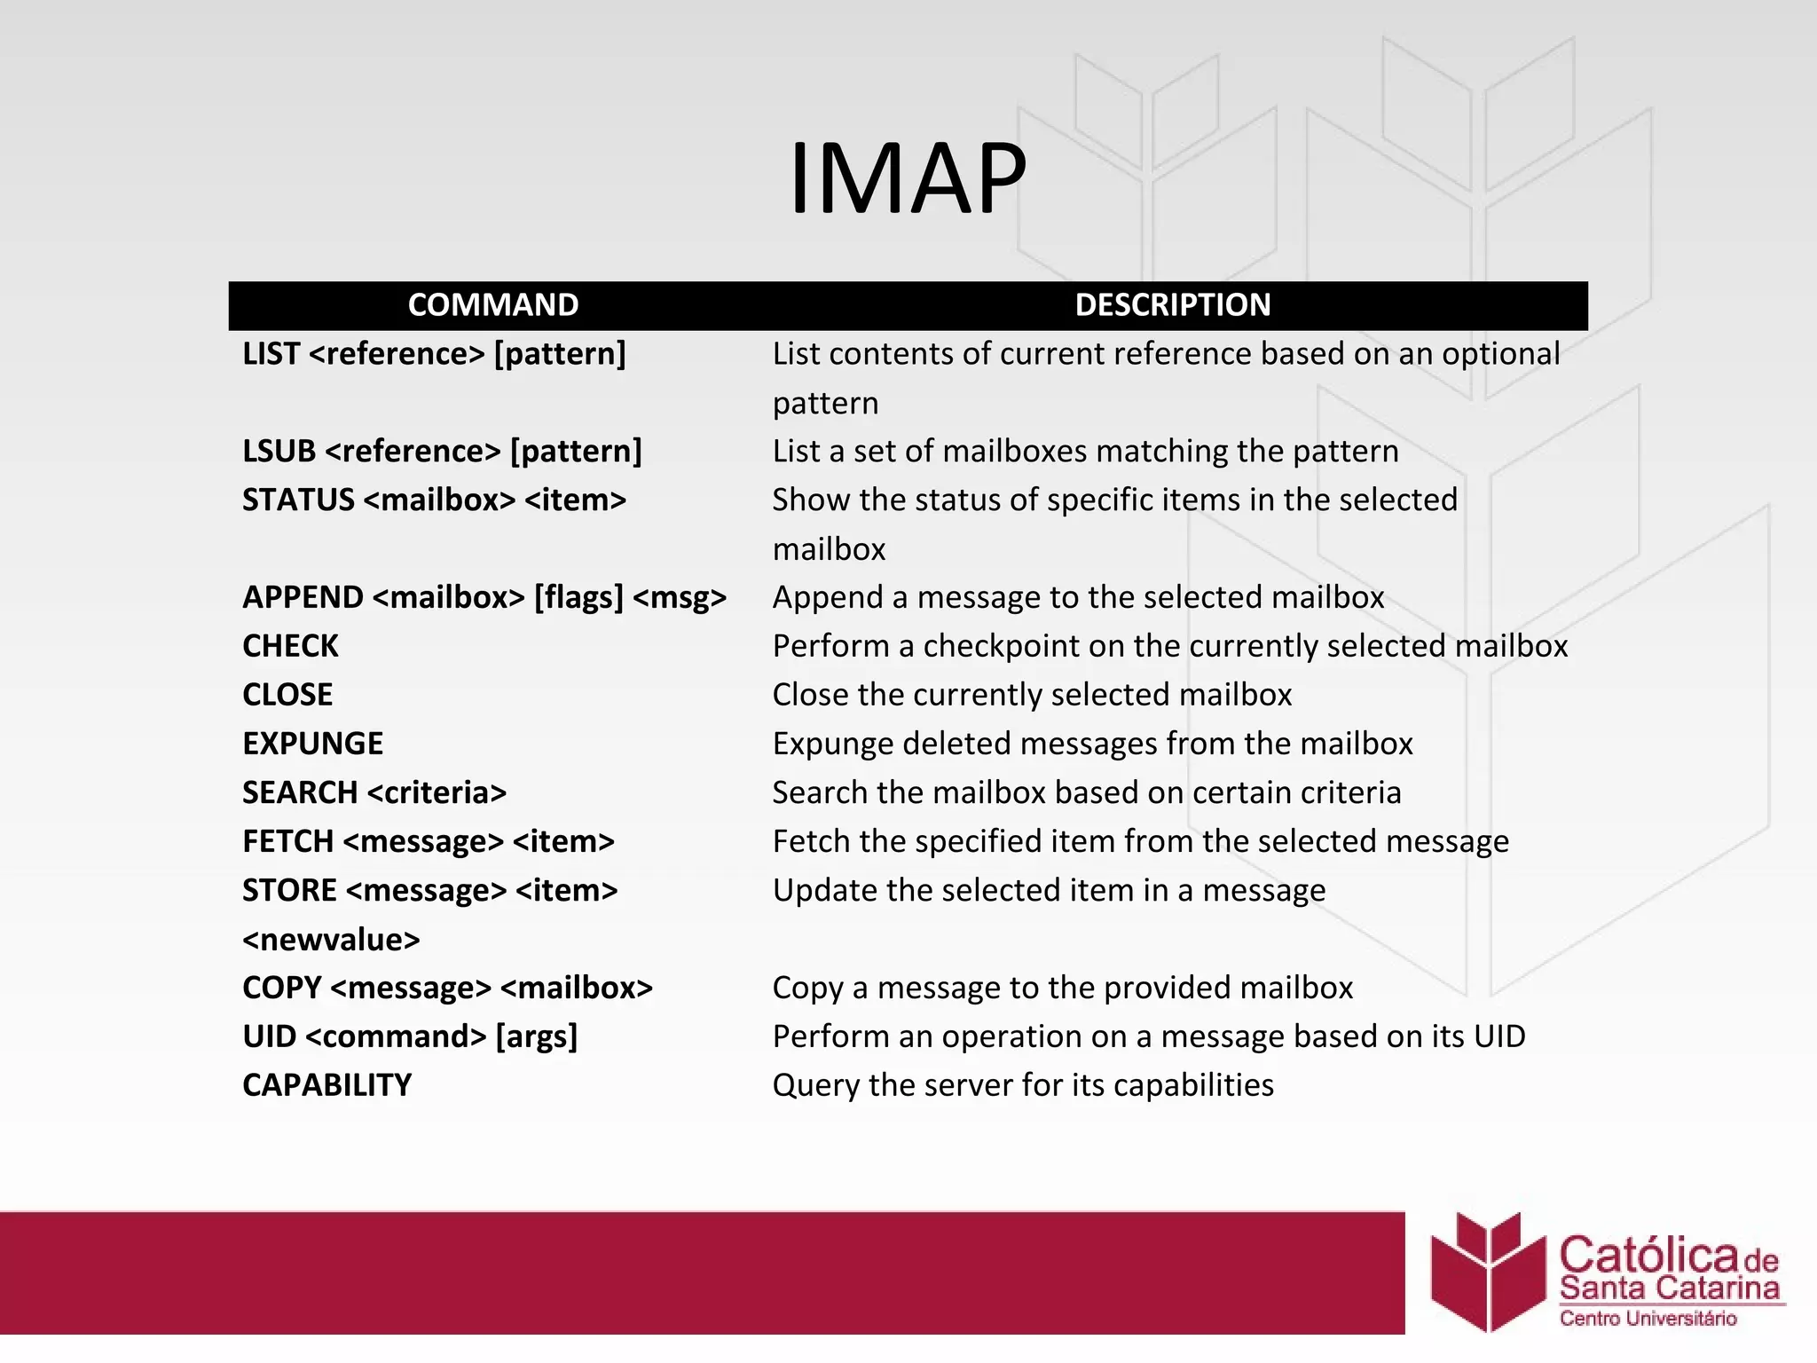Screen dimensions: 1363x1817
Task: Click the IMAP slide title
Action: (x=907, y=178)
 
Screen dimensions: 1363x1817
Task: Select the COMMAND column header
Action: (x=493, y=304)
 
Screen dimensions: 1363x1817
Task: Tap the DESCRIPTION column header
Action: (x=1172, y=304)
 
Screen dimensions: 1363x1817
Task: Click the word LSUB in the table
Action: (x=279, y=451)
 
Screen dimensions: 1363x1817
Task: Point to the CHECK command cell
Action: (x=290, y=645)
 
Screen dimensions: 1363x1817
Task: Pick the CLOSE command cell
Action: (x=287, y=694)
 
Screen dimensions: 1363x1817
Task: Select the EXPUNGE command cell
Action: (x=312, y=743)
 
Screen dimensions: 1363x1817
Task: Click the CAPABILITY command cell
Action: (x=326, y=1084)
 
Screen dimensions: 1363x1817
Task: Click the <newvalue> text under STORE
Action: (x=331, y=939)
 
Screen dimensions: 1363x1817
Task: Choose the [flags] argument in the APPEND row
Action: (x=578, y=597)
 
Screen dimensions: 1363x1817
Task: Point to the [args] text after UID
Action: (x=536, y=1036)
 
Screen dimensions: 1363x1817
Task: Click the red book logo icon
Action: (x=1489, y=1271)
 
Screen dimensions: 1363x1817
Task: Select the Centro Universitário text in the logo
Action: (x=1648, y=1319)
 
